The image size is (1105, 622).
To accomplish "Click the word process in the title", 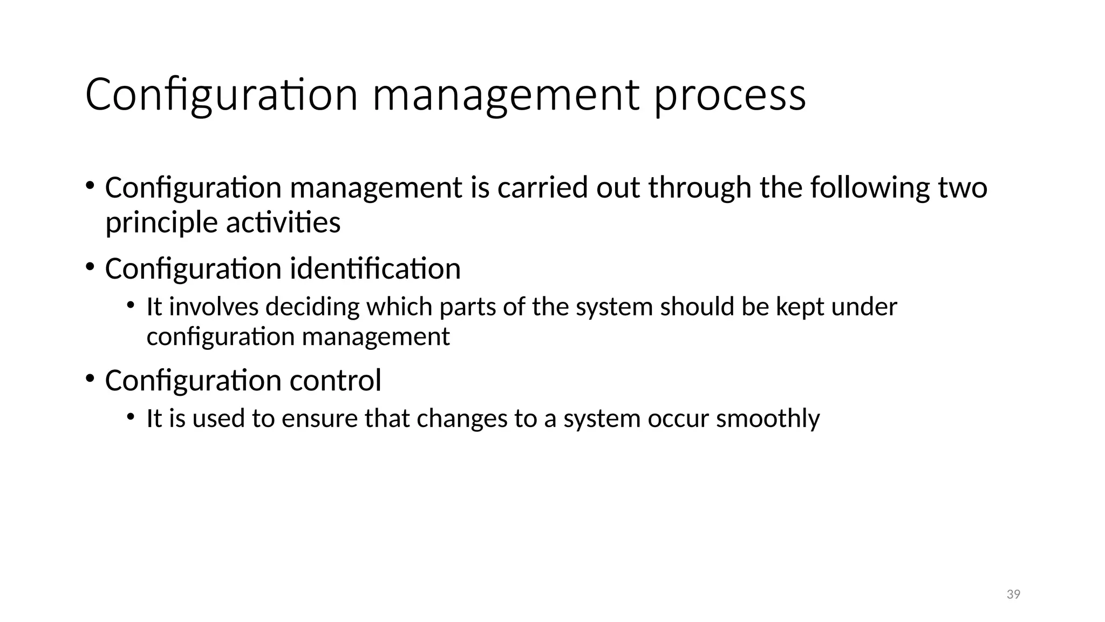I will pyautogui.click(x=730, y=96).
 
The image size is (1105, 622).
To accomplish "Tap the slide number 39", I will pyautogui.click(x=1013, y=594).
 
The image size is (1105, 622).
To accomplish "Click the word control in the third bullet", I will pyautogui.click(x=335, y=380).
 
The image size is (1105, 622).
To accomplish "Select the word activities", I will pyautogui.click(x=283, y=222).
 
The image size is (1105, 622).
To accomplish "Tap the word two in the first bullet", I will pyautogui.click(x=963, y=188).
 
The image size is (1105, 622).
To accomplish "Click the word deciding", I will pyautogui.click(x=312, y=307).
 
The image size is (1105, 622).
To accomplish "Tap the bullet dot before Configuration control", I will pyautogui.click(x=90, y=377).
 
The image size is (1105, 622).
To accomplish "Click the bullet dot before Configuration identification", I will pyautogui.click(x=90, y=266).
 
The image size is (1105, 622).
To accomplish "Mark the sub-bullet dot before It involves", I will pyautogui.click(x=131, y=305).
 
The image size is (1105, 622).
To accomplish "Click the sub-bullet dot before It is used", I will pyautogui.click(x=131, y=416).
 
